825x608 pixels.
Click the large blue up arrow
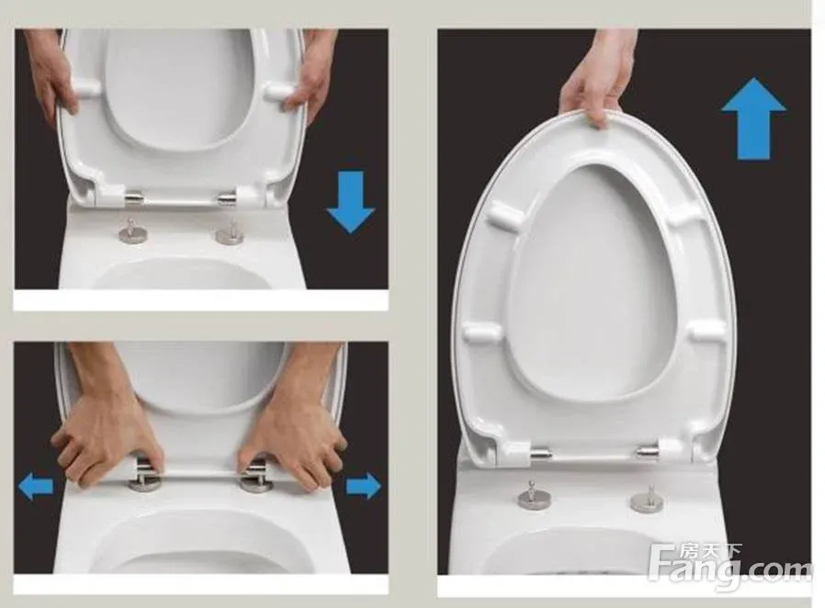pos(753,119)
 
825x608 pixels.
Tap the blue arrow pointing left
pos(36,486)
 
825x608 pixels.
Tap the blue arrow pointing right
pos(364,486)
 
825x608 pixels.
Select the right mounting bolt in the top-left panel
pos(230,232)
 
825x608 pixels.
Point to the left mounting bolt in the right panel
pos(530,495)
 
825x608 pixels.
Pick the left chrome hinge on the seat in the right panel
pos(540,452)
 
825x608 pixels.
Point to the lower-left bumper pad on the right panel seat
pos(482,332)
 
